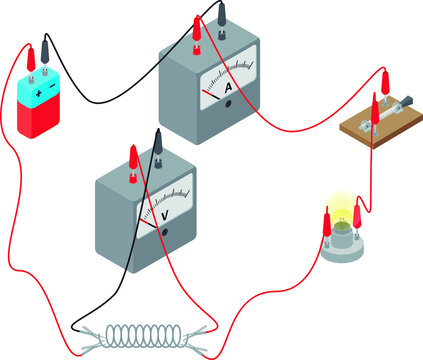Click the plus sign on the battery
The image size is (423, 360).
click(39, 93)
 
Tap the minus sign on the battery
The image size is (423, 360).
click(55, 86)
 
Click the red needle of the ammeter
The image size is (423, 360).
click(212, 95)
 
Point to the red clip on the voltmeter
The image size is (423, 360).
click(131, 157)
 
